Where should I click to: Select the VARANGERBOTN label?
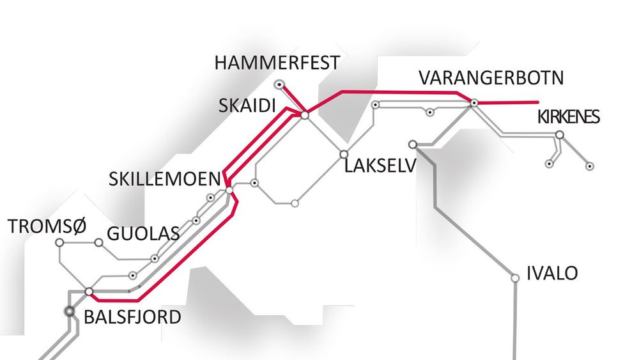(491, 79)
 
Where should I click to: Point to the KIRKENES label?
(568, 118)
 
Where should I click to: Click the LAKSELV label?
(380, 168)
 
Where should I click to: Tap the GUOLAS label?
(142, 233)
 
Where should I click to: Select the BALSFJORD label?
(132, 317)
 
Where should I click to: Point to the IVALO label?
(552, 274)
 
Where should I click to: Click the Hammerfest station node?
(279, 84)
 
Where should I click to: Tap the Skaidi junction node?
(305, 115)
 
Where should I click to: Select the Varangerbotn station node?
(474, 102)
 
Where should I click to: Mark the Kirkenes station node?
(560, 135)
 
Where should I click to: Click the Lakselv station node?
(344, 154)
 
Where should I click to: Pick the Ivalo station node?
(515, 278)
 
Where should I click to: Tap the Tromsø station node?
(59, 243)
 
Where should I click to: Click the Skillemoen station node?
(229, 190)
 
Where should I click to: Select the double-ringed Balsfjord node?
(70, 311)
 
